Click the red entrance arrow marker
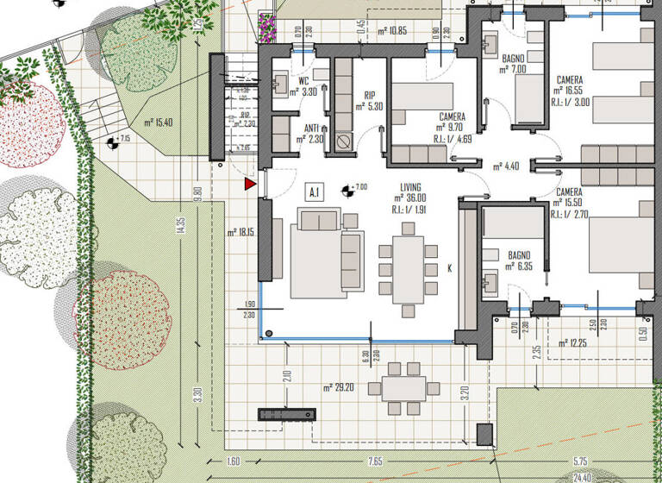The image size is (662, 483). (x=250, y=184)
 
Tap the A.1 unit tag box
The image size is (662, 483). (x=315, y=191)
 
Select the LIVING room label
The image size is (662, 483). (x=409, y=187)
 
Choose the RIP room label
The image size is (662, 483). (x=369, y=97)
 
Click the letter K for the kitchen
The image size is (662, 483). (x=449, y=269)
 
